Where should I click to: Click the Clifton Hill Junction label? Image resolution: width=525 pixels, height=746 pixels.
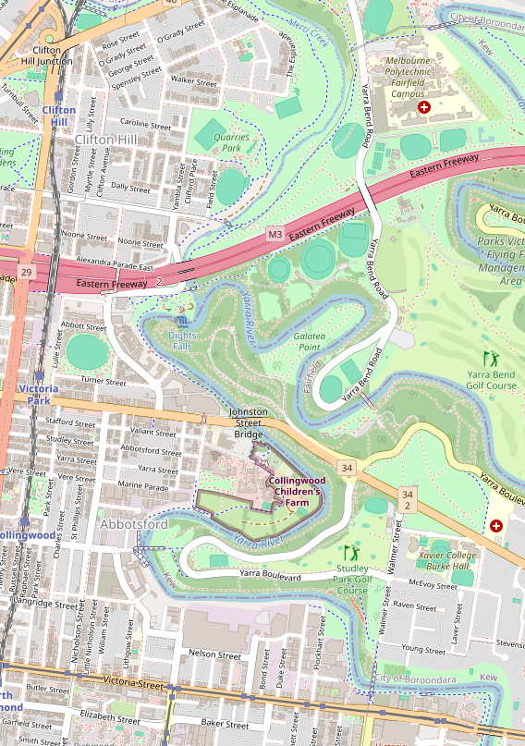[x=52, y=55]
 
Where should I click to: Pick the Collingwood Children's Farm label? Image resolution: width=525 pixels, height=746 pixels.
[x=294, y=492]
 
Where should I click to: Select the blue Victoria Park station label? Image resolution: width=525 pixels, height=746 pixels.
[x=38, y=395]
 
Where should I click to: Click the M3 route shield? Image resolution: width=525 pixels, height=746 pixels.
[x=275, y=235]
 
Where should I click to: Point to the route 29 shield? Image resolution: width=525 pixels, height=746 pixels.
[x=25, y=272]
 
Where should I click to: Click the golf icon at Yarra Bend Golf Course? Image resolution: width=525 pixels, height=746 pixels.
[x=490, y=358]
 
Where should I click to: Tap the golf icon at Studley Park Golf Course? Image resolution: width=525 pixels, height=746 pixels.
[x=350, y=554]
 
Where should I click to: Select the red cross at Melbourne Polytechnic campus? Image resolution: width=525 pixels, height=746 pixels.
[x=424, y=108]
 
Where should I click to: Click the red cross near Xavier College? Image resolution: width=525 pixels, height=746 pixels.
[x=496, y=526]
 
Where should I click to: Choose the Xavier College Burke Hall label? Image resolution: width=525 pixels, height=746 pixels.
[x=448, y=561]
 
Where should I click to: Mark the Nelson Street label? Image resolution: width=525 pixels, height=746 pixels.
[x=214, y=654]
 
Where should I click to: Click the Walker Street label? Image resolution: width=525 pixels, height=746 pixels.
[x=194, y=82]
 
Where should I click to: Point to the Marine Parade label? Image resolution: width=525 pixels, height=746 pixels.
[x=143, y=485]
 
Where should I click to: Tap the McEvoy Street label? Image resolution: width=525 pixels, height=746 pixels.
[x=433, y=585]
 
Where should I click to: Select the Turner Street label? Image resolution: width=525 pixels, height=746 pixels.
[x=104, y=381]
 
